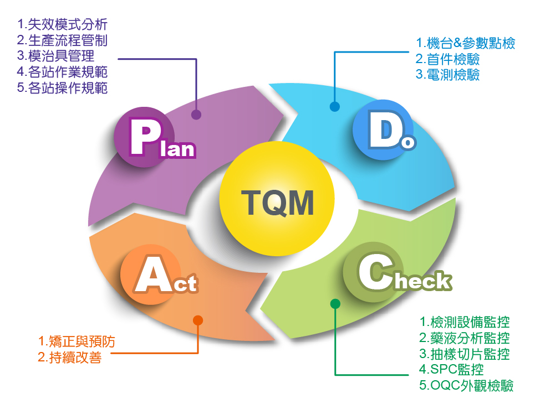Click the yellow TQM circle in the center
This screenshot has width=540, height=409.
[277, 201]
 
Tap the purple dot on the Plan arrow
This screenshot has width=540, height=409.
[196, 115]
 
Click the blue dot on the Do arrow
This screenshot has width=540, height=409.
[334, 106]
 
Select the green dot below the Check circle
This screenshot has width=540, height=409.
[335, 303]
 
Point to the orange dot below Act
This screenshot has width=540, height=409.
[198, 320]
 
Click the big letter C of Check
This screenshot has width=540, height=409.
[372, 273]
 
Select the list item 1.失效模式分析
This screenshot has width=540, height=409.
[62, 24]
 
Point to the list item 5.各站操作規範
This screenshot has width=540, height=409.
[62, 88]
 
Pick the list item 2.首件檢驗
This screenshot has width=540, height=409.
[447, 59]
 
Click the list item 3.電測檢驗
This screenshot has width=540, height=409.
[447, 75]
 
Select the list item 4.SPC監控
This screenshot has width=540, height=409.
[452, 369]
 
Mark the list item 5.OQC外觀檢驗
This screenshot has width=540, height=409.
[466, 386]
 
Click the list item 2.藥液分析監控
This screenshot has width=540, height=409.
[465, 338]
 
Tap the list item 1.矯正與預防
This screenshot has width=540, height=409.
[77, 341]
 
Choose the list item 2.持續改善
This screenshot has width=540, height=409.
[69, 358]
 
